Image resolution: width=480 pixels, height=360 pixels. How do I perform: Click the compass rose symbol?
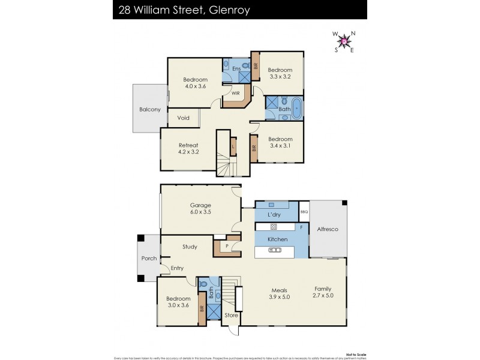pos(344,41)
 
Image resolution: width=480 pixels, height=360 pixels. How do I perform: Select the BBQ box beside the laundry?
pos(304,211)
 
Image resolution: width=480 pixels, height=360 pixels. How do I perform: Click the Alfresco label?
pos(327,228)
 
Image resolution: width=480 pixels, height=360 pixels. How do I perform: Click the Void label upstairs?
pos(184,118)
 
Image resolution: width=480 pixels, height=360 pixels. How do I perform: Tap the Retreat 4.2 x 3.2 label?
pos(188,148)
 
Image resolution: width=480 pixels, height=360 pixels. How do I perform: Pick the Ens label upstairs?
pos(236,70)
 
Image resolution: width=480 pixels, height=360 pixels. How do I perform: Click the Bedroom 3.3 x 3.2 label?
pos(279,73)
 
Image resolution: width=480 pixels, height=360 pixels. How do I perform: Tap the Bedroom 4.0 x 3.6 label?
pos(195,83)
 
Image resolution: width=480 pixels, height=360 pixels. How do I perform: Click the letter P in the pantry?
pos(227,246)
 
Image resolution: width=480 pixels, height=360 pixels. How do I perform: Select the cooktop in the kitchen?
pos(274,227)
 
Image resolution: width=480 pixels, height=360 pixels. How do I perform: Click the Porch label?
pos(149,259)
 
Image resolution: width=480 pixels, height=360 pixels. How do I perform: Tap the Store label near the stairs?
pos(231,315)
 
